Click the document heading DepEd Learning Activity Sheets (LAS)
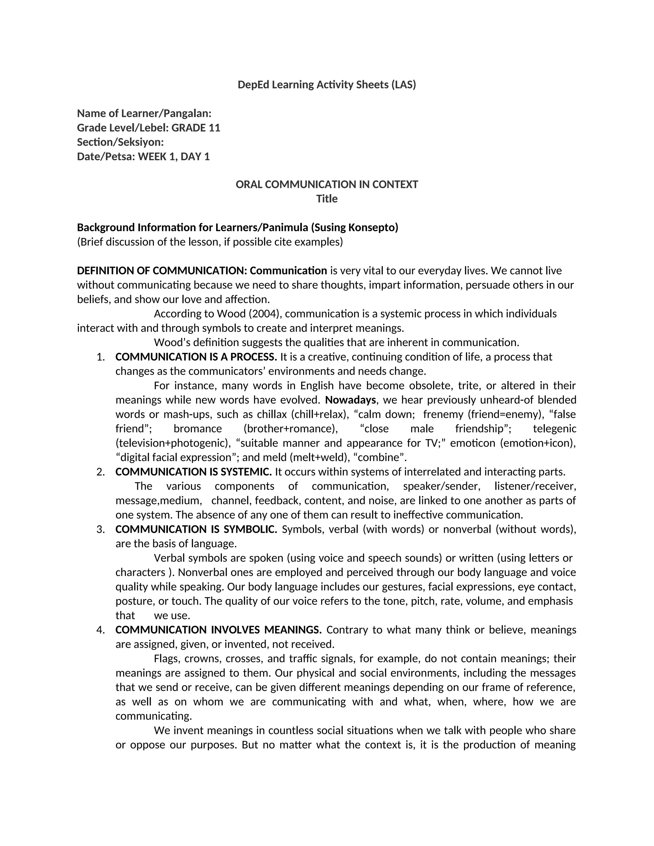coord(327,85)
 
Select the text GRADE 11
coord(196,128)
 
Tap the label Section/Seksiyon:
coord(120,142)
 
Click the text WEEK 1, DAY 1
coord(174,156)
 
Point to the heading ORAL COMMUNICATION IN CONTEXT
coord(327,185)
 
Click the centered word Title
coord(327,199)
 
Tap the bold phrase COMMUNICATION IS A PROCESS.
coord(196,357)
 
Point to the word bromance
coord(198,428)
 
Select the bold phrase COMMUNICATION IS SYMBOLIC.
coord(196,529)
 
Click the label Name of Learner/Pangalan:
coord(144,114)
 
